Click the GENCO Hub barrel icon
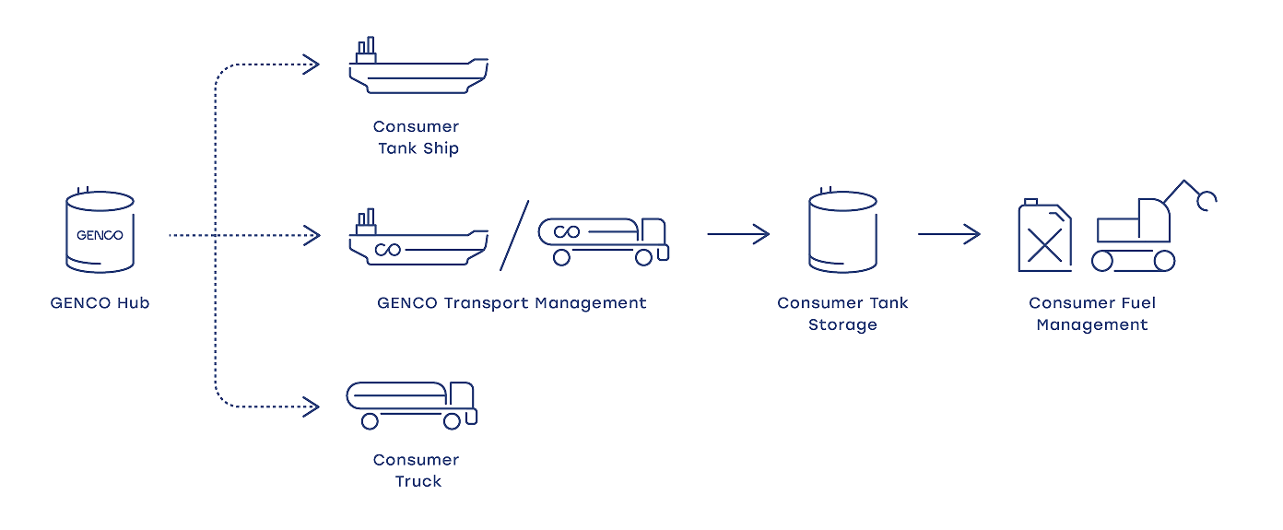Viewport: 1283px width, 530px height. click(x=99, y=232)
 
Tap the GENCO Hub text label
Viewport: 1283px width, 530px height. click(x=100, y=302)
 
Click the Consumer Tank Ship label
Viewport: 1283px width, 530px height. click(x=417, y=137)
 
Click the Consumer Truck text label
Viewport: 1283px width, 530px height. click(x=417, y=470)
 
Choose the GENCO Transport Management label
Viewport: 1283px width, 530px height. click(x=512, y=302)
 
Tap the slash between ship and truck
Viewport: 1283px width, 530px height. click(x=515, y=235)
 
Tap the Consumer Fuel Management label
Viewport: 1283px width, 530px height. click(x=1092, y=313)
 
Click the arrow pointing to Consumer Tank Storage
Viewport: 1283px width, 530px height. click(x=738, y=234)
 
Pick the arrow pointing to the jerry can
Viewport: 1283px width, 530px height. click(x=948, y=234)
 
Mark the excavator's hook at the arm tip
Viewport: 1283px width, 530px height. click(x=1206, y=198)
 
